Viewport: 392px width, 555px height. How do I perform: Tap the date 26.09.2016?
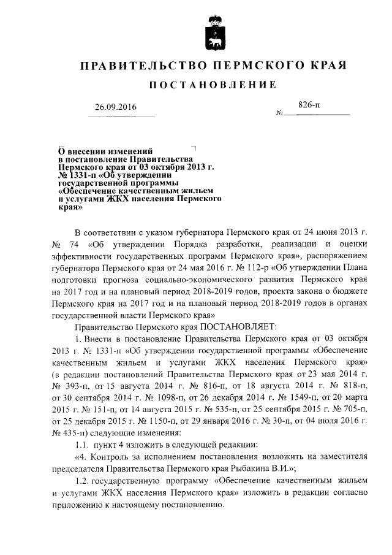116,107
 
